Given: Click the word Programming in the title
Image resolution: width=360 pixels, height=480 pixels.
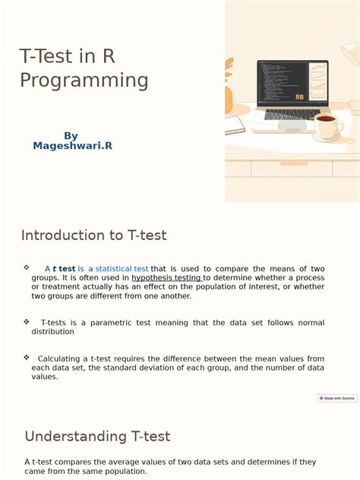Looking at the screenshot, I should coord(84,81).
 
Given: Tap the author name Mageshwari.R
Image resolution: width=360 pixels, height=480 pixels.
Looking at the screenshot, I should coord(72,145).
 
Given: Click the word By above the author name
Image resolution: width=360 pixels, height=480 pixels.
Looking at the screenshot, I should coord(71,136).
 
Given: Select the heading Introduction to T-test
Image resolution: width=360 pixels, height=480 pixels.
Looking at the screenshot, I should coord(93,235).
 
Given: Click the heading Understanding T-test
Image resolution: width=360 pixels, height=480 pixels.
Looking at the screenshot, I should coord(97,437).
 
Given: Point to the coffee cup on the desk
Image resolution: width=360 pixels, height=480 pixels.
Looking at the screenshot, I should coord(327,125).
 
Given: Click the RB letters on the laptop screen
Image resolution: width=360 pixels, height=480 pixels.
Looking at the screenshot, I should coord(299,98).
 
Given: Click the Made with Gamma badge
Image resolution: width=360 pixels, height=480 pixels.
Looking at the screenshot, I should coord(337,398).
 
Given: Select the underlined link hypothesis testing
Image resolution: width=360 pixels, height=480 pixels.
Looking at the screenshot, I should coord(166,278).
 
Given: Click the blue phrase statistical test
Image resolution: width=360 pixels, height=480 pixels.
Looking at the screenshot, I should coord(122,269).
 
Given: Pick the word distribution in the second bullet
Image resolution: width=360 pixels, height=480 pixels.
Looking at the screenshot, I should coord(52,332).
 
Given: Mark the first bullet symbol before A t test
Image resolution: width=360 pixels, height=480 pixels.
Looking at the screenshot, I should coord(27,267).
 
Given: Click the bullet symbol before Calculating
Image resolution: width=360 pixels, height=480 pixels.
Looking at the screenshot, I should coord(27,357).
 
